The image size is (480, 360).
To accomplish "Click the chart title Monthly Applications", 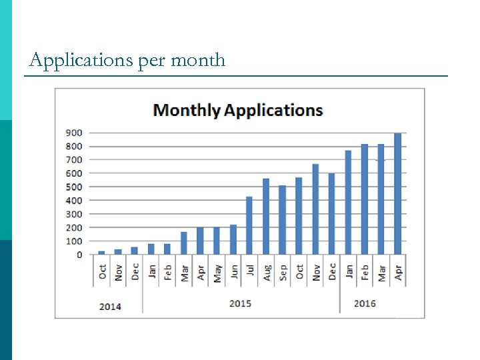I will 238,111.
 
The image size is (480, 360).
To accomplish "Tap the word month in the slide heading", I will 198,61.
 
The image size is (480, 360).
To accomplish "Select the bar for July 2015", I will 249,225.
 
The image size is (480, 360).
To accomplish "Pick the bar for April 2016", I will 397,193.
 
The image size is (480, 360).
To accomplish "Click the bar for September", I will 282,219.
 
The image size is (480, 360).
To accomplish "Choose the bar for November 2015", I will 315,209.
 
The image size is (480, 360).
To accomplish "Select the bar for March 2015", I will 184,243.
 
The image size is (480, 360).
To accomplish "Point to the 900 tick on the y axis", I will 74,133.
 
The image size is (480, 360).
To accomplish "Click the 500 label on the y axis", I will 74,187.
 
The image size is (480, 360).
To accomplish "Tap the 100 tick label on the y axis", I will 74,241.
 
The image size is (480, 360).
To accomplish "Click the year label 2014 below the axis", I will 111,307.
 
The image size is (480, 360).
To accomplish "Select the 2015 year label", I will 241,303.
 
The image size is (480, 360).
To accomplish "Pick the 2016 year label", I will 365,303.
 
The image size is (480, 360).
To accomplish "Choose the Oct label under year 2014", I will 102,272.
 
